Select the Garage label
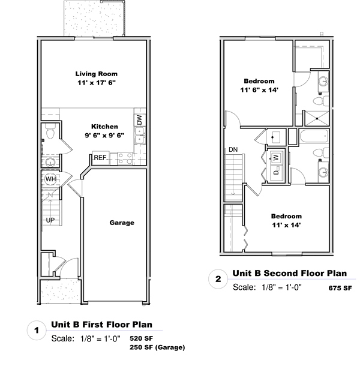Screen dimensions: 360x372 (x=122, y=223)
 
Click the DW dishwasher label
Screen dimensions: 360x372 (x=139, y=120)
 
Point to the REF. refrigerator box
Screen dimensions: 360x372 (x=101, y=158)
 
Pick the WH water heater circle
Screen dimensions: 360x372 (x=50, y=179)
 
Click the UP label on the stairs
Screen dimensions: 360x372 (x=50, y=220)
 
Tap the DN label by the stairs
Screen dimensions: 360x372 (x=233, y=149)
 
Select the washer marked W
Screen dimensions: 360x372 (x=276, y=157)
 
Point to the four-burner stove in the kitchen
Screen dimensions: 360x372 (x=125, y=158)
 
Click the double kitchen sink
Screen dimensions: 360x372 (x=140, y=136)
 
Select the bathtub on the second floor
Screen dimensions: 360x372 (x=314, y=136)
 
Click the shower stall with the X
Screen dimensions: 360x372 (x=317, y=118)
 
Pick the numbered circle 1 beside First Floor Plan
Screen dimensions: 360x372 (x=37, y=330)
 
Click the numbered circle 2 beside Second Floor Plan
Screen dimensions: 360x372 (x=218, y=279)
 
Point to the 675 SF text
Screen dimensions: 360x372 (x=340, y=288)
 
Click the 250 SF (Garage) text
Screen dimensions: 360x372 (x=157, y=347)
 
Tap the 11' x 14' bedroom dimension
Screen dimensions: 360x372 (x=286, y=225)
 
